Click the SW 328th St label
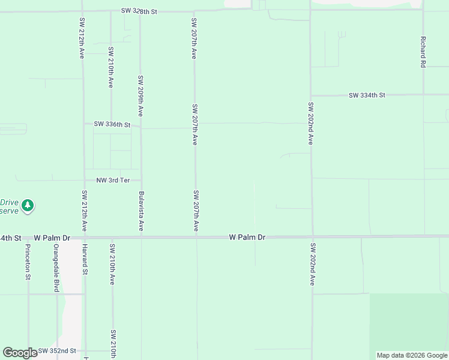139,11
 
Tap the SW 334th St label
367,95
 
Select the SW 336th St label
112,124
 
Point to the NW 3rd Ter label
113,180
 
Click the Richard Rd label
423,51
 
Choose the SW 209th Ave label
140,95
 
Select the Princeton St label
28,262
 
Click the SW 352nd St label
58,350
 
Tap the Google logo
20,353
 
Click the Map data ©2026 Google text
412,355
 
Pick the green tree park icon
27,206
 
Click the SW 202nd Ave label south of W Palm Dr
312,264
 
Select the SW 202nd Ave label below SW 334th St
311,124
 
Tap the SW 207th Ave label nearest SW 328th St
194,38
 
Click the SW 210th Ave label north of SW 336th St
111,67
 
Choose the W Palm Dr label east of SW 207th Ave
247,238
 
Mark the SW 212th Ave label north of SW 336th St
82,38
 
